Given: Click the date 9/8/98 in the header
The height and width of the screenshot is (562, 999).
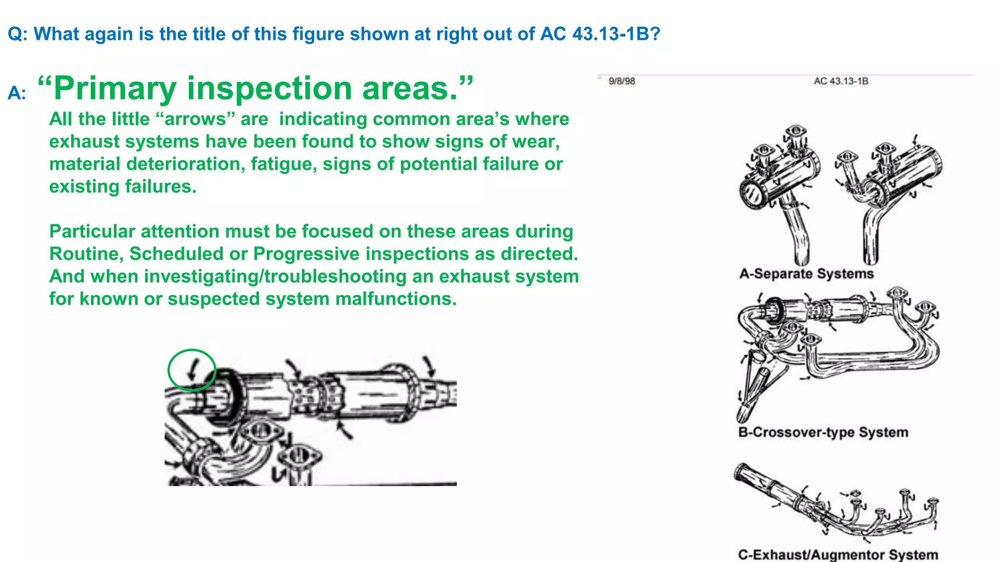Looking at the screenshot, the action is tap(622, 81).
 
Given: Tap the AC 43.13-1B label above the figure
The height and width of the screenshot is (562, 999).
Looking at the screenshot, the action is tap(841, 81).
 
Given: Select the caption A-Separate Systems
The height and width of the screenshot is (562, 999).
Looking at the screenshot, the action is tap(806, 274).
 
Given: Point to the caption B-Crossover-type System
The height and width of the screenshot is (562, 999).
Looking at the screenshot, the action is tap(823, 432).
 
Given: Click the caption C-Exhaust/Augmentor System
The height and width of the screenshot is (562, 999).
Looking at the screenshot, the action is tap(838, 555).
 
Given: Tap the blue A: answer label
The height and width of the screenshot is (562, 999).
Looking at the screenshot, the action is tap(17, 93).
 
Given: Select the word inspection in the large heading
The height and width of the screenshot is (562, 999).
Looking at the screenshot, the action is tap(270, 88).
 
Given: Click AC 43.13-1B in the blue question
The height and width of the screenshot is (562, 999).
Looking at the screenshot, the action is tap(600, 34).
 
